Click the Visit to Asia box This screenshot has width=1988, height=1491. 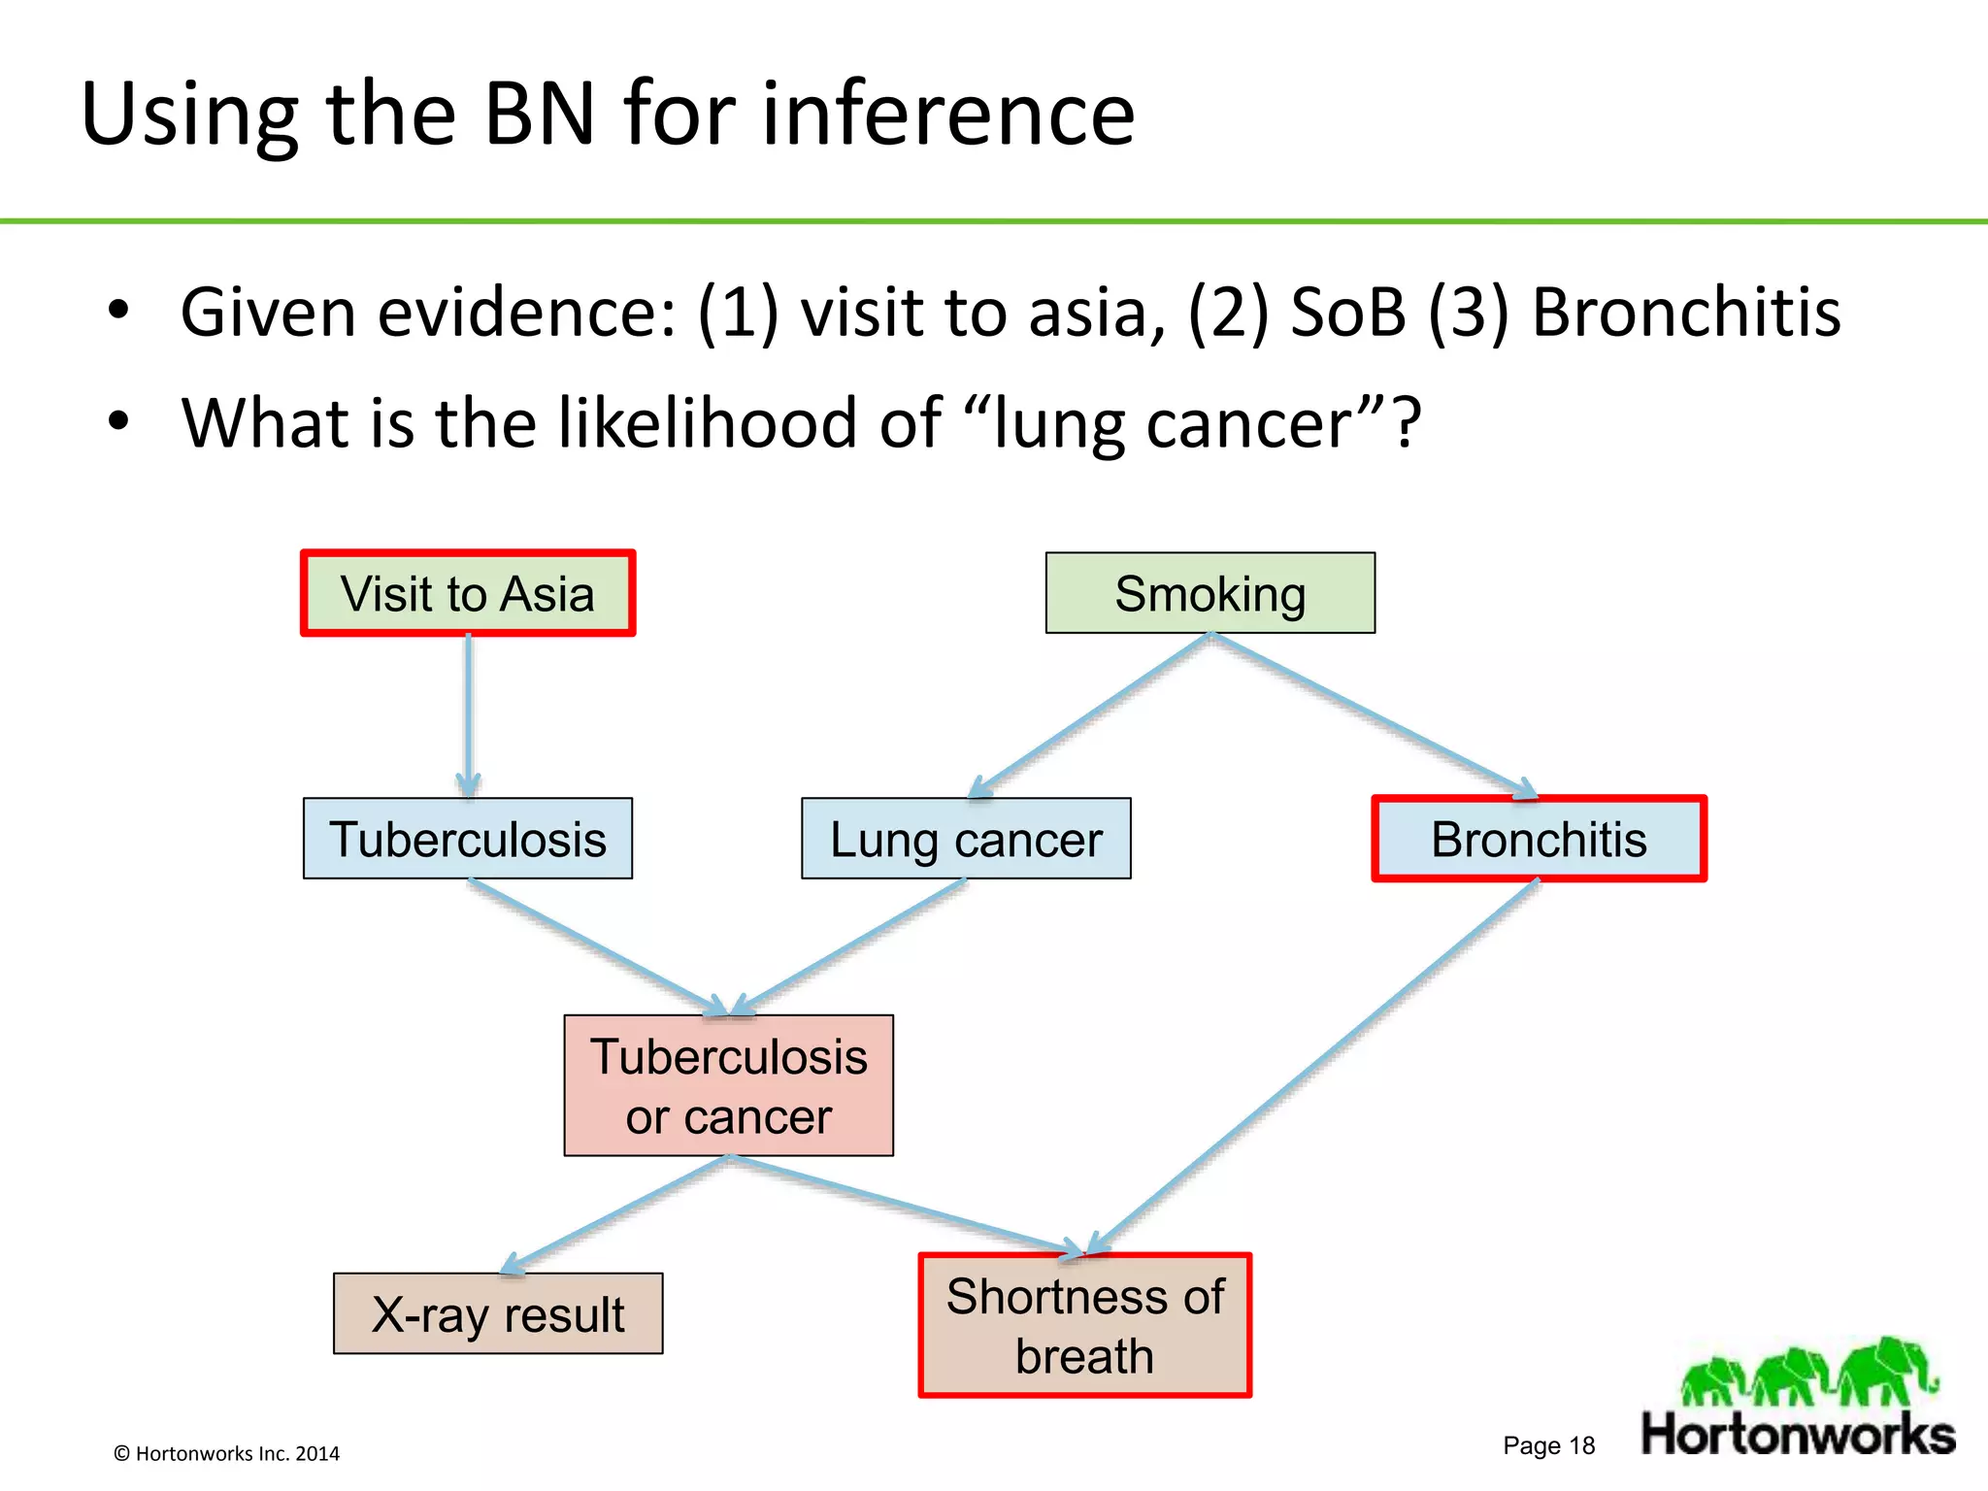click(468, 593)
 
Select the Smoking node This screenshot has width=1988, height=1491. click(1209, 593)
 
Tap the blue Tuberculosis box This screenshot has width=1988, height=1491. click(468, 839)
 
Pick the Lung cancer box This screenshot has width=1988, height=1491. click(966, 839)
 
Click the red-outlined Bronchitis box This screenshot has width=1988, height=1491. click(1539, 839)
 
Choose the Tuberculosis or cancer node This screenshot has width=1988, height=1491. click(728, 1085)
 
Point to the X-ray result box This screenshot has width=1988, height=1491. click(498, 1313)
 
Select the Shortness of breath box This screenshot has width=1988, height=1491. click(1084, 1325)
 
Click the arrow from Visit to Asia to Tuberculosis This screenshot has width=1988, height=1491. click(469, 713)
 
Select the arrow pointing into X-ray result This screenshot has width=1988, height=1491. click(616, 1213)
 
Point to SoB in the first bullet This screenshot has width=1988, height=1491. click(1347, 313)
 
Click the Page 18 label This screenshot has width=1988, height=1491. click(1548, 1445)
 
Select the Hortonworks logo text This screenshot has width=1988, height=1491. click(1798, 1435)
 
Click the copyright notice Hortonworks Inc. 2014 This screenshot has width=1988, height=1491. click(227, 1453)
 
